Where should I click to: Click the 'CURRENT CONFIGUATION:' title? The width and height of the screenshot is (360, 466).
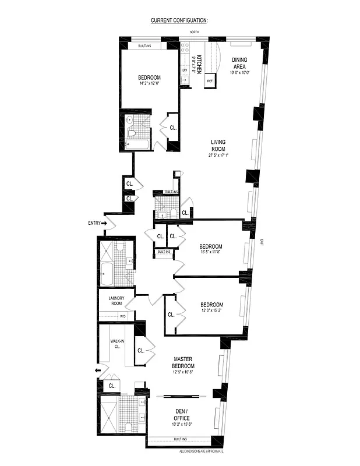pos(179,20)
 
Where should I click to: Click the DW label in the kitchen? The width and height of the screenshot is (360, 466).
pos(185,70)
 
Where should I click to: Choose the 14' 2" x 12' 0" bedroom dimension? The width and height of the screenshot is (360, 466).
pos(150,84)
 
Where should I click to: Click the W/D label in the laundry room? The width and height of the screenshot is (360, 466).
pos(122,316)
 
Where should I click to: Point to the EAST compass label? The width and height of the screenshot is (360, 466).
pos(262,242)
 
